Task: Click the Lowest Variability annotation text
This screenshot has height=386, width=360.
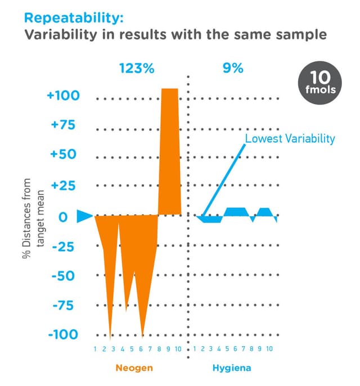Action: click(x=290, y=138)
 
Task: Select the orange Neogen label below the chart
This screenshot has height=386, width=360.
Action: click(x=134, y=369)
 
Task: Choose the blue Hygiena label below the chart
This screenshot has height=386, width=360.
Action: click(x=231, y=369)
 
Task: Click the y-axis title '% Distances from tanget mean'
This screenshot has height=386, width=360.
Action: click(x=33, y=216)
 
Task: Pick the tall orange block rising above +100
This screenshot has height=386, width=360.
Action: click(x=170, y=152)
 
